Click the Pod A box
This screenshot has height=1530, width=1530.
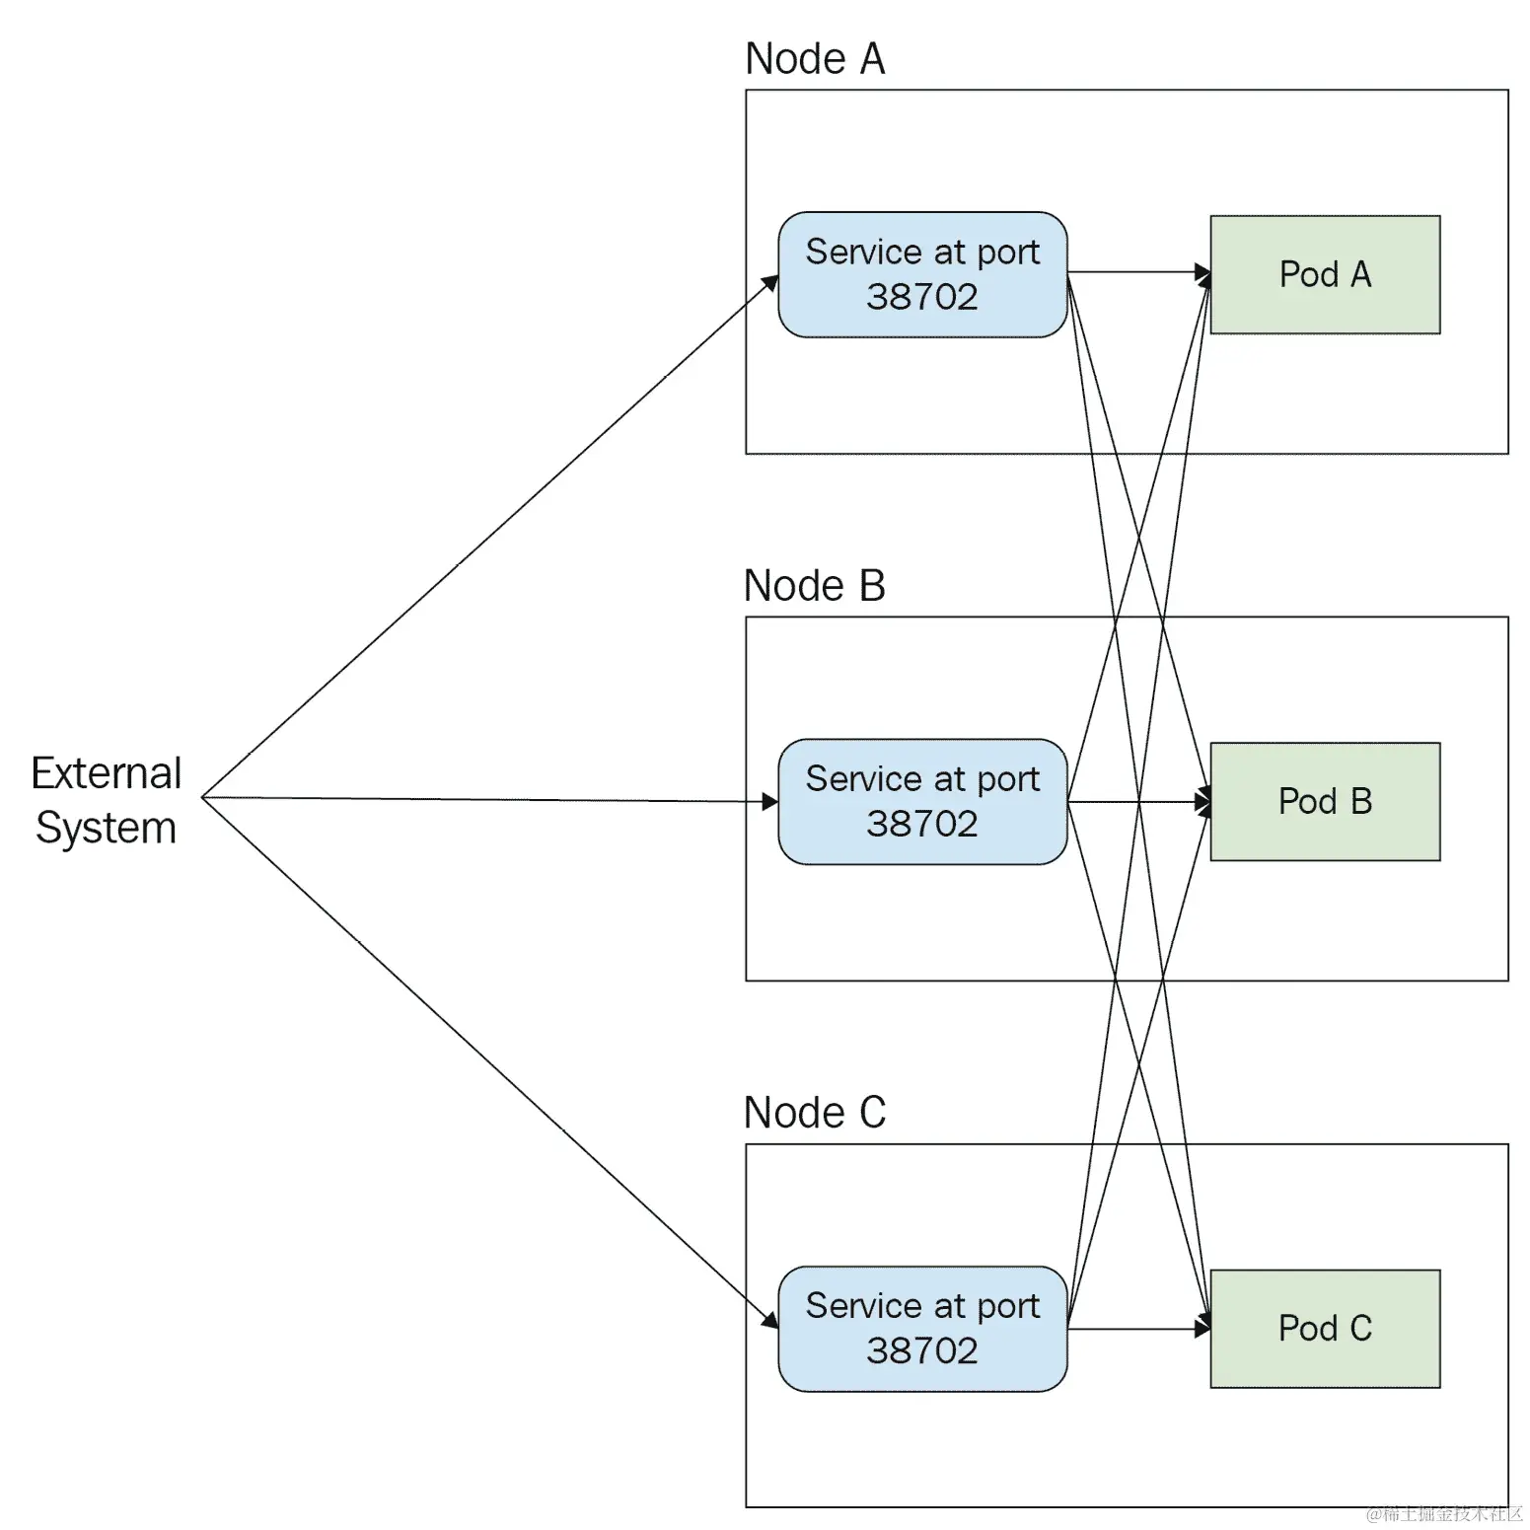[x=1324, y=274]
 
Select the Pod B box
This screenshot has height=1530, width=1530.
[x=1324, y=801]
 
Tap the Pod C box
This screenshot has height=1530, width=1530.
[x=1324, y=1328]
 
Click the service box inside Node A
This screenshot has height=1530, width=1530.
[x=921, y=274]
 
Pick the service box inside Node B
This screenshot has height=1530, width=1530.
[x=921, y=801]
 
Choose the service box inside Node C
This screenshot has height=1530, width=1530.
[x=921, y=1328]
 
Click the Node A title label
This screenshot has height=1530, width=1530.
[x=815, y=59]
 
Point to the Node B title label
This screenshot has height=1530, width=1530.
[x=815, y=586]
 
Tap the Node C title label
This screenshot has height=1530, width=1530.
[x=815, y=1113]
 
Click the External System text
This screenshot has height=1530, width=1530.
[x=107, y=800]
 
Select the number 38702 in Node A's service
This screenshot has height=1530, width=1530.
[x=921, y=297]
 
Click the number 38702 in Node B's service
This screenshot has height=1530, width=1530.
[x=921, y=824]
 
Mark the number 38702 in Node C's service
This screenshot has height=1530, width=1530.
[x=921, y=1350]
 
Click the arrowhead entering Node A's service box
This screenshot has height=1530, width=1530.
[x=771, y=283]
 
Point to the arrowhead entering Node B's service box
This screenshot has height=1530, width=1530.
[x=770, y=802]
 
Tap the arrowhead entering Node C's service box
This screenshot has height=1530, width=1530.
[x=770, y=1319]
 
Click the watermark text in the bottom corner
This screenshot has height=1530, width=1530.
[x=1445, y=1514]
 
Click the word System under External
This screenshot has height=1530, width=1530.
[x=107, y=828]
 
